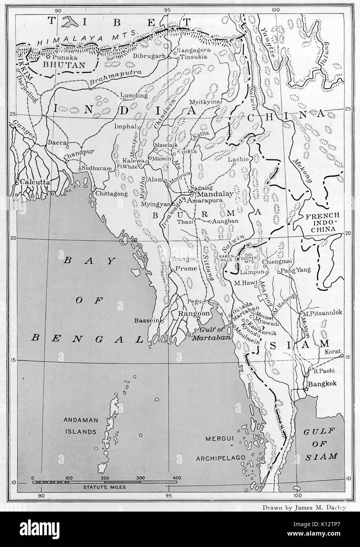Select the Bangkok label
coord(322,384)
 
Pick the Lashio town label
coord(240,159)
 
